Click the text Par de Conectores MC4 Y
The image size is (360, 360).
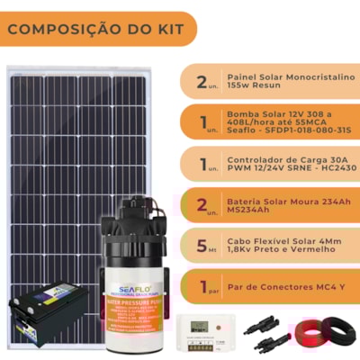point(284,287)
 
